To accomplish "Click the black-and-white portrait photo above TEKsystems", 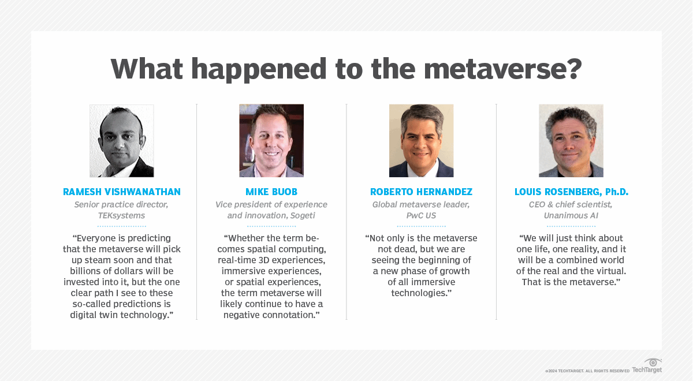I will [122, 141].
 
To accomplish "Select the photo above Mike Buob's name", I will [271, 141].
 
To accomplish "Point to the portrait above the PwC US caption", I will [421, 141].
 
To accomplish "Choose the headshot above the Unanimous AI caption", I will [571, 141].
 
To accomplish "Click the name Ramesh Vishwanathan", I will [122, 192].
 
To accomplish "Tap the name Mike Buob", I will [271, 192].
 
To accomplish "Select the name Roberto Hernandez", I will [421, 192].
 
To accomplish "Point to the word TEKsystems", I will [122, 215].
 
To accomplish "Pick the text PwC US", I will [421, 215].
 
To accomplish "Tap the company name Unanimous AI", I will [571, 215].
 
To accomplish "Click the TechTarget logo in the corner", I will [647, 366].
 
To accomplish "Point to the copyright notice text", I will [587, 371].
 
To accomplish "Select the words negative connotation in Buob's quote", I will [271, 315].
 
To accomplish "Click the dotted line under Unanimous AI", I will [571, 226].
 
